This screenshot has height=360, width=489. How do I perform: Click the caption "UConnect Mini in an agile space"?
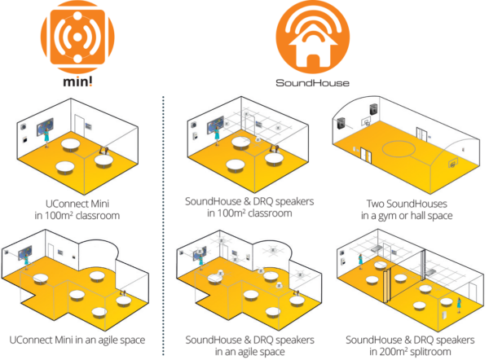pyautogui.click(x=78, y=340)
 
